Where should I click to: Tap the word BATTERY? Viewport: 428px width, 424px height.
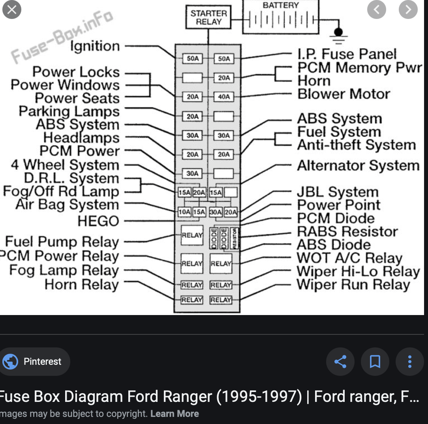[x=281, y=5]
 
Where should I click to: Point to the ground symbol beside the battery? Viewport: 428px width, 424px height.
[x=338, y=34]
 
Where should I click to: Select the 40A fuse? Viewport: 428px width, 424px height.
[x=224, y=97]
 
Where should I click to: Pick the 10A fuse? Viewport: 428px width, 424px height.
[x=184, y=212]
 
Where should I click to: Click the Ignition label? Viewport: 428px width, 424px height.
[x=95, y=46]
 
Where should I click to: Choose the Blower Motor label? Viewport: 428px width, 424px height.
[x=344, y=94]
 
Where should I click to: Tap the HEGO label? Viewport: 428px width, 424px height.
[x=98, y=221]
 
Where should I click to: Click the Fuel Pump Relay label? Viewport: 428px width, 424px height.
[x=62, y=242]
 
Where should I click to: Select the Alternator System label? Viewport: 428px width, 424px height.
[x=358, y=165]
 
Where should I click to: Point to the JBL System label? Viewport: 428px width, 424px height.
[x=338, y=192]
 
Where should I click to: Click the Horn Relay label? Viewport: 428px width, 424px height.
[x=82, y=285]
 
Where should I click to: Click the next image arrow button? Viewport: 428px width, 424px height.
[x=408, y=9]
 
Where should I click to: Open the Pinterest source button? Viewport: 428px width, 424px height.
[x=35, y=361]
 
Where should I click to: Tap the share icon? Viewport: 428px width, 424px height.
[x=340, y=361]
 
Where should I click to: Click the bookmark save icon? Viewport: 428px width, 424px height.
[x=375, y=361]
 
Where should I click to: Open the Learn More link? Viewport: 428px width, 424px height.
[x=175, y=414]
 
